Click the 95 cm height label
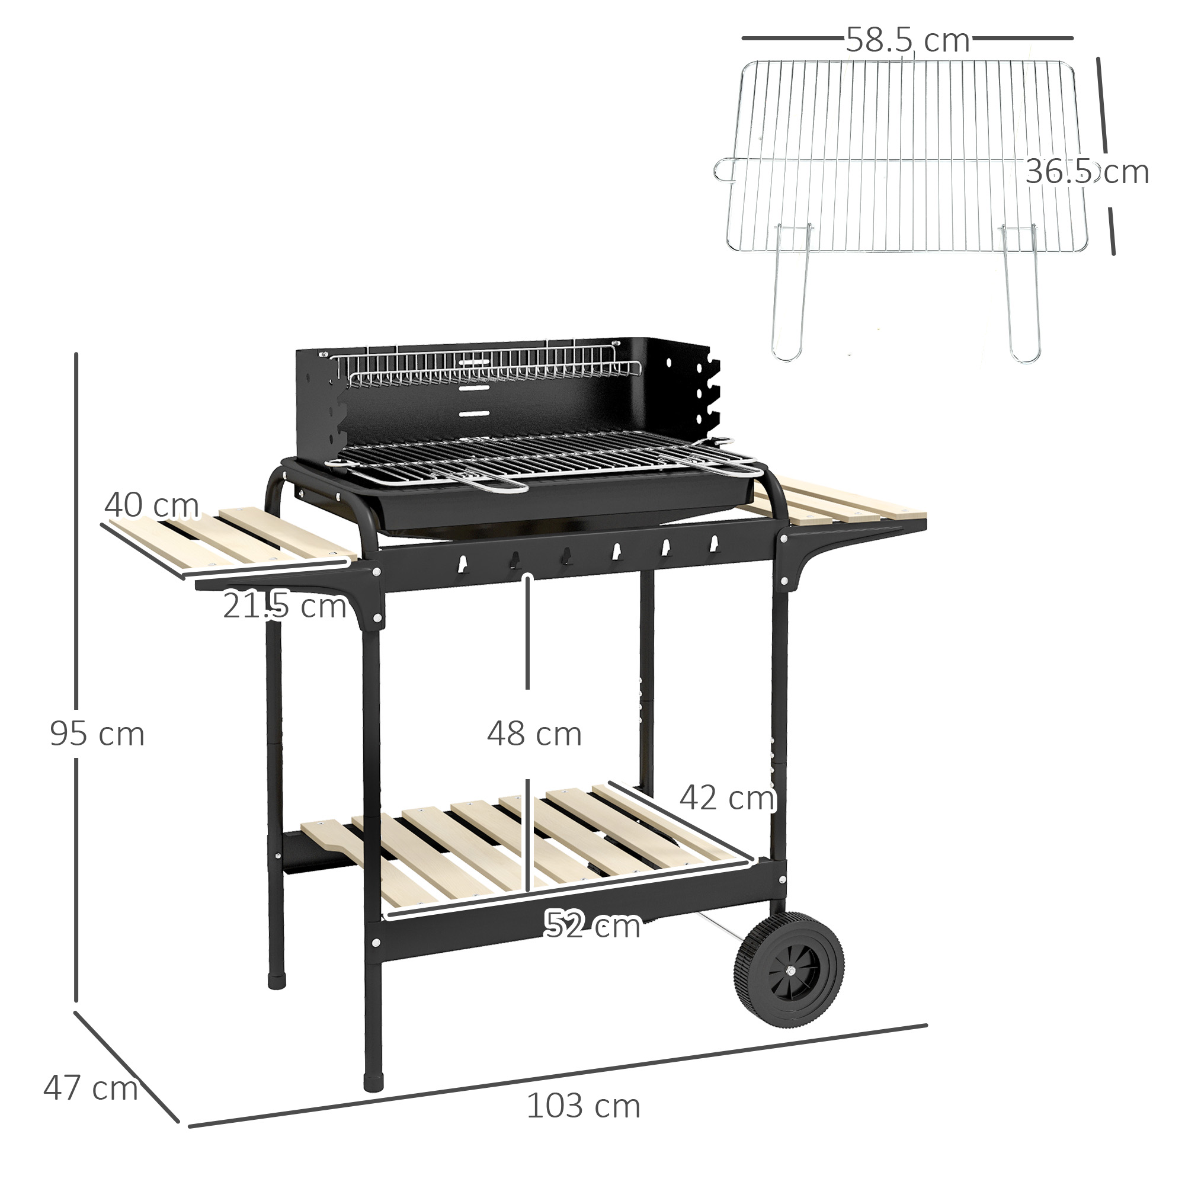[x=97, y=734]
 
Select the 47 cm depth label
[x=90, y=1088]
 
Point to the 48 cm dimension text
[x=534, y=734]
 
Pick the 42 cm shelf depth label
[x=727, y=798]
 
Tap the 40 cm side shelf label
[x=151, y=505]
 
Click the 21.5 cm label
[x=284, y=606]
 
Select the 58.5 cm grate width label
[x=907, y=40]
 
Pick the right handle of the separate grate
[x=1021, y=294]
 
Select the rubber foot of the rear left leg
[x=277, y=976]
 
